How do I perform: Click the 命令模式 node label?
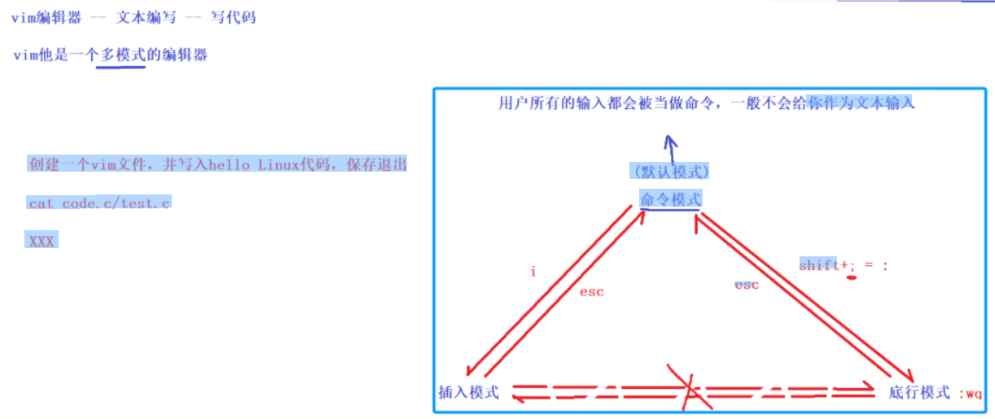coord(670,199)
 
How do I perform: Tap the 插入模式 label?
coord(468,392)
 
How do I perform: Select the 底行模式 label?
coord(919,392)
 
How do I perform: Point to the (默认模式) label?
coord(671,172)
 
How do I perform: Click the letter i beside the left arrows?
coord(533,272)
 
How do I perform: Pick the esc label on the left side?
coord(591,292)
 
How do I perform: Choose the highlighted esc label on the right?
coord(747,285)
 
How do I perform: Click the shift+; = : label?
coord(842,265)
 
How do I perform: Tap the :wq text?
coord(971,394)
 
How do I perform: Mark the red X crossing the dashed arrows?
coord(689,390)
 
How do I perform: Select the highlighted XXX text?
coord(42,242)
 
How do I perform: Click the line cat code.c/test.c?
coord(99,203)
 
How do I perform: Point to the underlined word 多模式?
coord(121,55)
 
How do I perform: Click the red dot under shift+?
coord(853,278)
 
